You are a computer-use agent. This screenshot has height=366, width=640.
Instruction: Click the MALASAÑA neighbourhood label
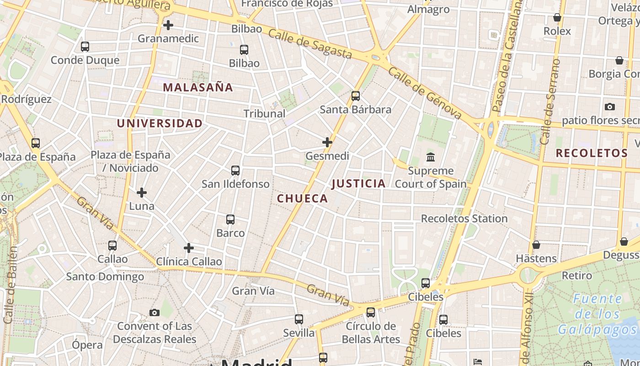coord(198,87)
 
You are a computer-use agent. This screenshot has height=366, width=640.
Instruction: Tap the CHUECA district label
coord(303,199)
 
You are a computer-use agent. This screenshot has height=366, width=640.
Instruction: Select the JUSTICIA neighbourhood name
coord(359,184)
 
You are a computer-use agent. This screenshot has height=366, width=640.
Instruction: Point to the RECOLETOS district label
coord(592,153)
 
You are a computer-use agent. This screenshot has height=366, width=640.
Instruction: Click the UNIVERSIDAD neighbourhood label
coord(160,124)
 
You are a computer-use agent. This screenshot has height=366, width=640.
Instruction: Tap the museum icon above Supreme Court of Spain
coord(431,157)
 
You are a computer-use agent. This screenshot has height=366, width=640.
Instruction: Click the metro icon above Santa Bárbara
coord(356,96)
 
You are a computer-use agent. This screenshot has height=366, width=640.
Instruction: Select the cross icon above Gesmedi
coord(327,142)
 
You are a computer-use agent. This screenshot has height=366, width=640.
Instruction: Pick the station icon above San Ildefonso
coord(235,171)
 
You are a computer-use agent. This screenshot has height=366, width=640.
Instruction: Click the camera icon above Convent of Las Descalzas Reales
coord(155,312)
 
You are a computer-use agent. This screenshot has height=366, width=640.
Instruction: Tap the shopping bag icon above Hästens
coord(536,245)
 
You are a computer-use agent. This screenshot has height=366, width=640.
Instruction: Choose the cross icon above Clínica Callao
coord(189,248)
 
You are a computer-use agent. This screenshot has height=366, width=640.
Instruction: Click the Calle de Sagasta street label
coord(310,44)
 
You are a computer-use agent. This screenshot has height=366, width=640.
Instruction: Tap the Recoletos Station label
coord(464,219)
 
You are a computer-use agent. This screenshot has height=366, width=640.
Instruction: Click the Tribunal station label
coord(264,113)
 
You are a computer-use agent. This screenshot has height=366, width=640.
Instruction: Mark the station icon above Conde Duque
coord(85,46)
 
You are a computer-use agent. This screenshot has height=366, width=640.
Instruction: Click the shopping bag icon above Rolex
coord(557,18)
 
